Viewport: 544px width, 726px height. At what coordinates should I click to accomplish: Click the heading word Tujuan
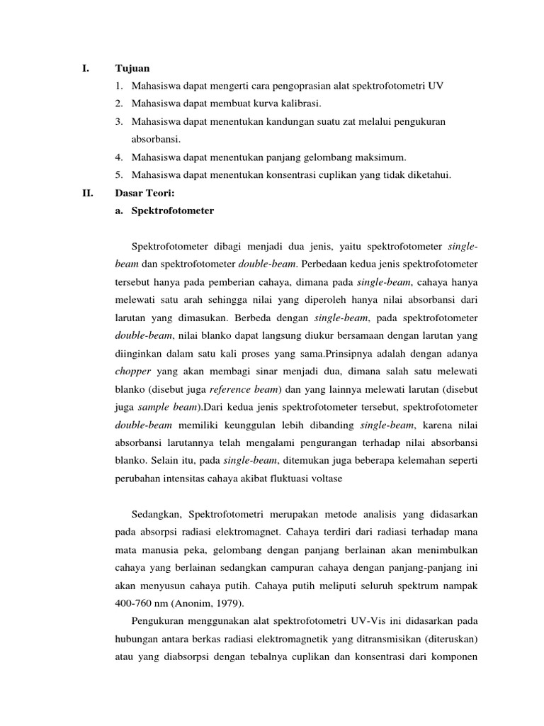(x=132, y=69)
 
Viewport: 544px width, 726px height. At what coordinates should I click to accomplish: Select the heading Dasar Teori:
(x=142, y=192)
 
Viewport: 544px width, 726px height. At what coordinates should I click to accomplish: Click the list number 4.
(x=118, y=157)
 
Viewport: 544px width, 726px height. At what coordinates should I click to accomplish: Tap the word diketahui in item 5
(x=426, y=175)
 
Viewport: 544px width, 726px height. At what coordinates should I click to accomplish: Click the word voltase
(x=323, y=479)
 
